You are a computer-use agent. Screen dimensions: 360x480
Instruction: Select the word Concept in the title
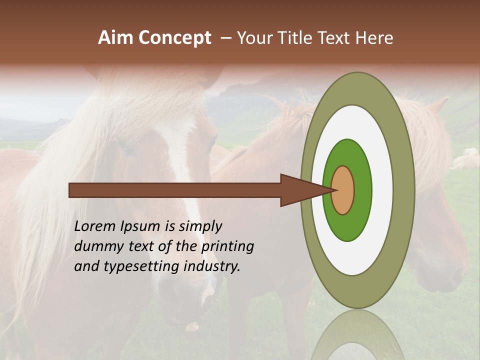(175, 38)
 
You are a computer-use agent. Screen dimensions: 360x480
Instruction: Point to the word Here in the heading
(374, 38)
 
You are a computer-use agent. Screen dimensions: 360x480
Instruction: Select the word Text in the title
(336, 38)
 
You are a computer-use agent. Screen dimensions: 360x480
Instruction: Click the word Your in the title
(254, 38)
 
